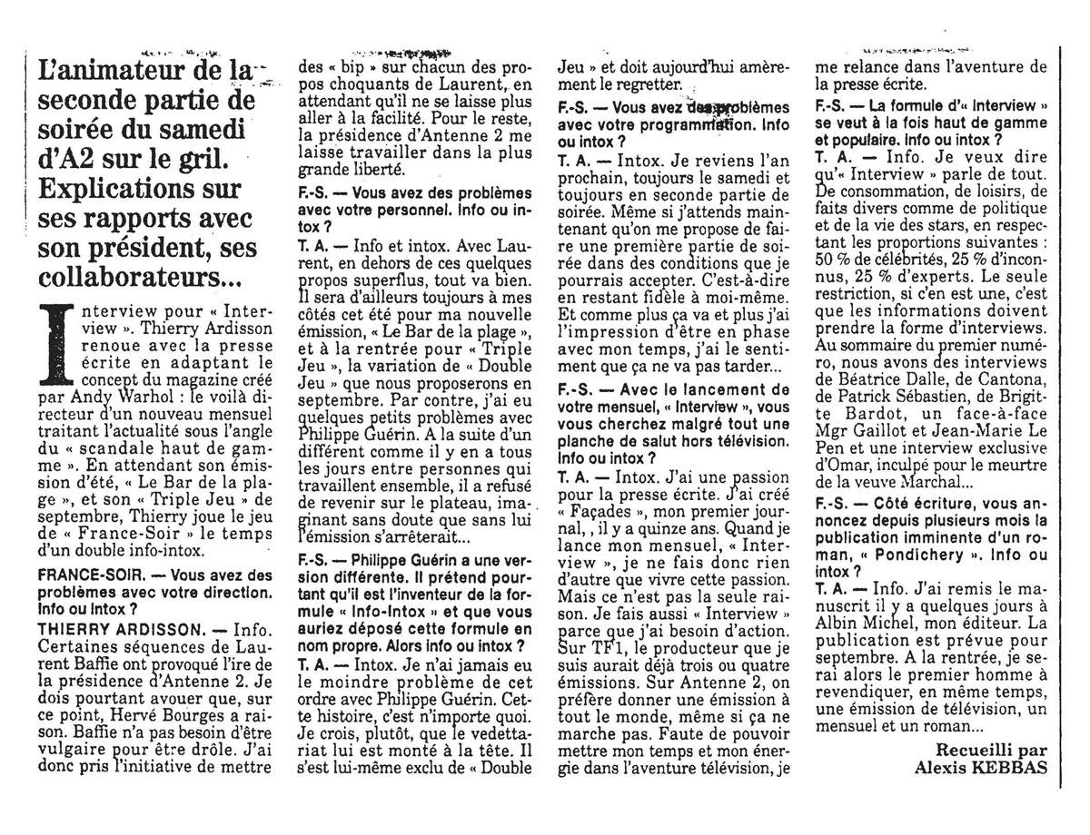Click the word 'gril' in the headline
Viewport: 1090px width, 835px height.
[193, 158]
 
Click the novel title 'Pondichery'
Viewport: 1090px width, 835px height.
[928, 554]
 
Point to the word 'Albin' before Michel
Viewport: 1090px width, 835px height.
[837, 624]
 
